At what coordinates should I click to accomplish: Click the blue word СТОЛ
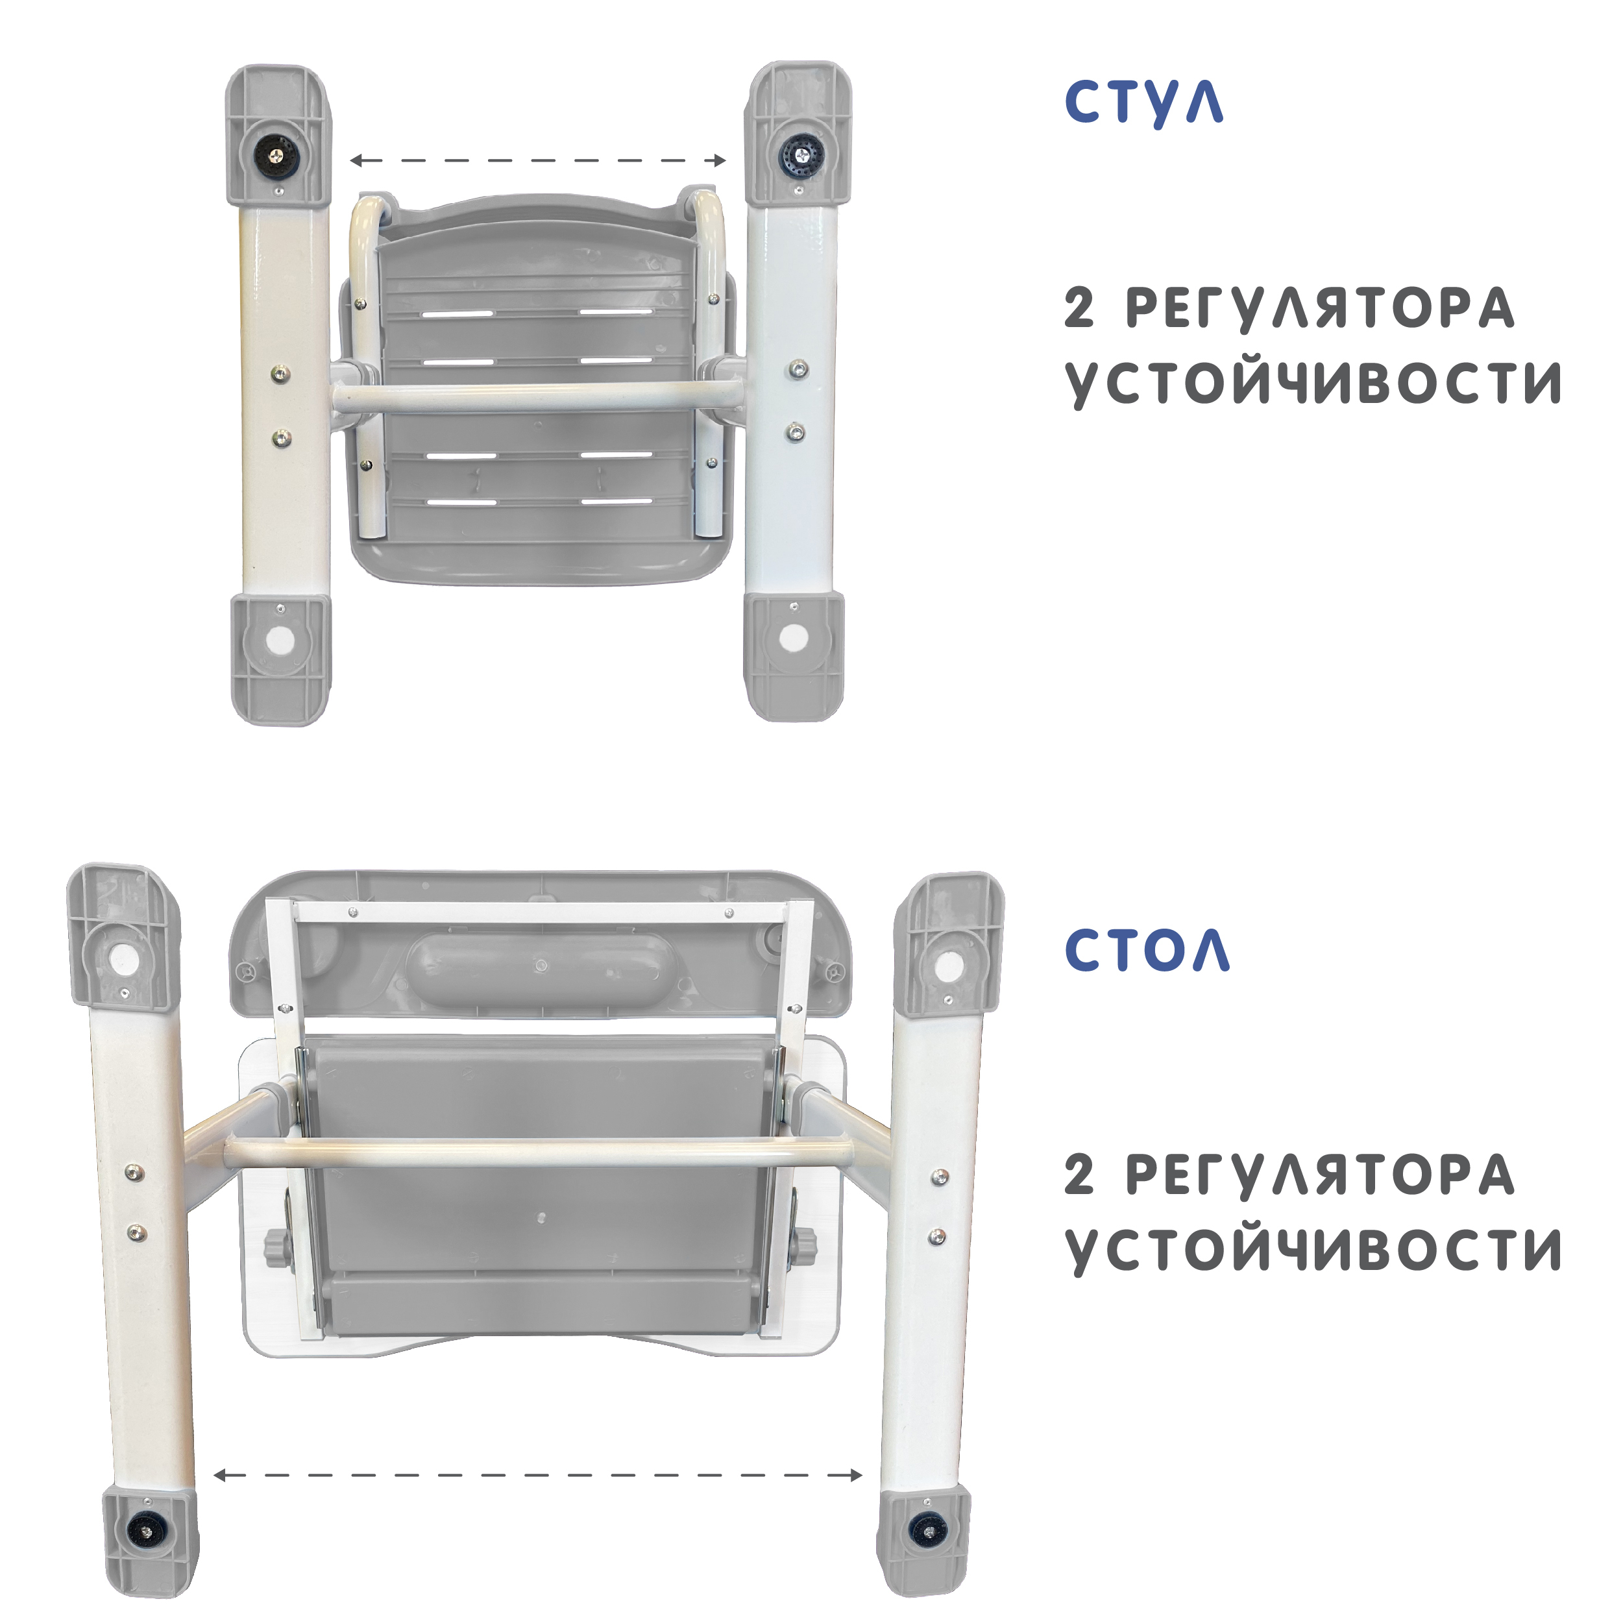(1147, 951)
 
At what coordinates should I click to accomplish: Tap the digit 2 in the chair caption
(1079, 308)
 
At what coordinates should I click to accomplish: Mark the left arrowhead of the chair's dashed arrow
(356, 160)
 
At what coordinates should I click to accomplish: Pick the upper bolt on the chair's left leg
(282, 373)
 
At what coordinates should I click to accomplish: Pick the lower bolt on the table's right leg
(938, 1238)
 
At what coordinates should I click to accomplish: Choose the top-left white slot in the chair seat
(459, 313)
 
